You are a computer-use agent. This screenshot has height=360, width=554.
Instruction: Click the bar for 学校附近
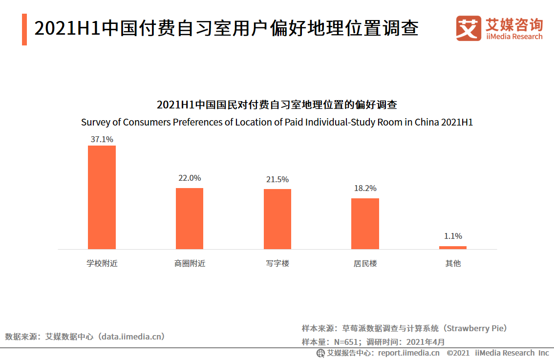102,197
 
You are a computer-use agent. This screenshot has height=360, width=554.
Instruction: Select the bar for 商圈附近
190,218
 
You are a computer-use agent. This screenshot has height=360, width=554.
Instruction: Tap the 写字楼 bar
277,219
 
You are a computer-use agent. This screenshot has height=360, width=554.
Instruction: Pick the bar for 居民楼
365,223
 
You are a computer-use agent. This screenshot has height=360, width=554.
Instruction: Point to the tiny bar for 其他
453,247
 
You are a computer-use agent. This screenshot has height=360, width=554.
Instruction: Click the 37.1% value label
102,139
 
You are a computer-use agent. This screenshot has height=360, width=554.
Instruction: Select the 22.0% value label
190,178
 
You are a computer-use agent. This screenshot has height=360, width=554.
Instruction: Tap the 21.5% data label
277,180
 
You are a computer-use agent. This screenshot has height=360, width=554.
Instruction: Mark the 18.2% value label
365,189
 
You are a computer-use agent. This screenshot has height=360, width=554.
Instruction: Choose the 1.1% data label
453,236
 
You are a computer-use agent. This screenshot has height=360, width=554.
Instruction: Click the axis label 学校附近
102,264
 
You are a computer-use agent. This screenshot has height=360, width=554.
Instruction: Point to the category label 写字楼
277,264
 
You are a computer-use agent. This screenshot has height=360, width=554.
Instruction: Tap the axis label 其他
453,264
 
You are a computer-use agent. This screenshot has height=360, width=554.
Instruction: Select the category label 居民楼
365,264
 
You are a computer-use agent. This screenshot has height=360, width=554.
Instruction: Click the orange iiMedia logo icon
469,28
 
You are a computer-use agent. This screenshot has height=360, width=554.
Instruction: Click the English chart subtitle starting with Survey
277,122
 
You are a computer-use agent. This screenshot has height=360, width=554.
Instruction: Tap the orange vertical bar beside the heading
24,29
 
